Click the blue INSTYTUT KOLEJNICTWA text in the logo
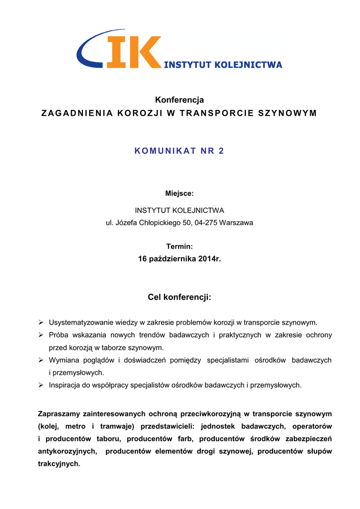pyautogui.click(x=223, y=65)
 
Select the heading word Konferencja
pyautogui.click(x=180, y=100)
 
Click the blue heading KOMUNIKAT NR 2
pyautogui.click(x=180, y=151)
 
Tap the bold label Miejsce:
pyautogui.click(x=180, y=193)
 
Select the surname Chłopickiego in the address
pyautogui.click(x=158, y=223)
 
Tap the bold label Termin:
pyautogui.click(x=180, y=247)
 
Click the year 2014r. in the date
pyautogui.click(x=209, y=259)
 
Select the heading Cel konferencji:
pyautogui.click(x=180, y=297)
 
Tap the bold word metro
pyautogui.click(x=76, y=426)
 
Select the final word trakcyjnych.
pyautogui.click(x=59, y=464)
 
